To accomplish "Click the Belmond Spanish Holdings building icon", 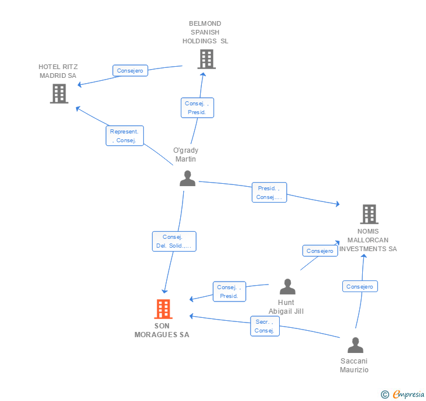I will pos(206,59).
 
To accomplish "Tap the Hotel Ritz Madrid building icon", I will pos(59,94).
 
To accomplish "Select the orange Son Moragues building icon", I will pos(163,309).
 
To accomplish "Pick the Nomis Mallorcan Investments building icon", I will pos(369,214).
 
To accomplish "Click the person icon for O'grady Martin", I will pos(187,178).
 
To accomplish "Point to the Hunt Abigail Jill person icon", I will pos(287,287).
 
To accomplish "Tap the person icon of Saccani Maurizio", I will pos(355,345).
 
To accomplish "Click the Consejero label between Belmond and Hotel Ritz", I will pos(130,71).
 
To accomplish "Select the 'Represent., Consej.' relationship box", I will pos(124,136).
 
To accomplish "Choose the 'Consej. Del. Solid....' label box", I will pos(173,241).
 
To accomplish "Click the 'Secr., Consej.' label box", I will pos(264,326).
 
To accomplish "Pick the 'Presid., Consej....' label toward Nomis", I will pos(269,193).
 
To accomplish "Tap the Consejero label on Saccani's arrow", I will pos(360,286).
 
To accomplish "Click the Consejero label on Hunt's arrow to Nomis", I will pos(320,251).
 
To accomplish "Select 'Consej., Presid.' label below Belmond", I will pos(197,108).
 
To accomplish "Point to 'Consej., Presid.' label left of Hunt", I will pos(229,292).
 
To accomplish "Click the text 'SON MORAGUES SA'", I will pos(162,331).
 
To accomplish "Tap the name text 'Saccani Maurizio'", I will pos(355,365).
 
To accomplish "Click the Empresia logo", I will pos(408,395).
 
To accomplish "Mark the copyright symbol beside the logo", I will pos(385,395).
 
